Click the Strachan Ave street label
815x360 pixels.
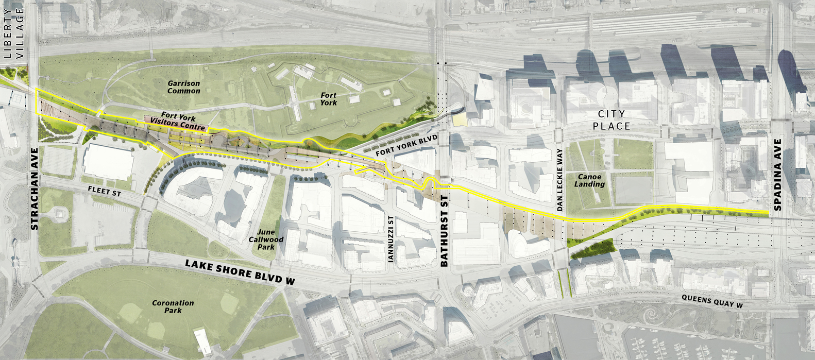coord(35,189)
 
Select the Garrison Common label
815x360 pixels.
coord(184,87)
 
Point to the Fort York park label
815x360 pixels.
coord(328,99)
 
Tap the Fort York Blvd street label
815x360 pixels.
coord(406,146)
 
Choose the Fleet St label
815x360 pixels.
coord(105,191)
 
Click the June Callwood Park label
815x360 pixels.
coord(266,239)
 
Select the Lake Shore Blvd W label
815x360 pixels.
coord(240,271)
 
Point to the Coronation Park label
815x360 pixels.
coord(173,307)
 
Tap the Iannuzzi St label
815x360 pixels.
coord(391,239)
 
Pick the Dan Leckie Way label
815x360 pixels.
coord(560,180)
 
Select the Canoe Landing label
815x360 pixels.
coord(589,180)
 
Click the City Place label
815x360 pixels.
coord(612,120)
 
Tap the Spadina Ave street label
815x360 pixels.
coord(777,175)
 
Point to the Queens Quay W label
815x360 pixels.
coord(712,301)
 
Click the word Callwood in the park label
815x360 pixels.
coord(266,239)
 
